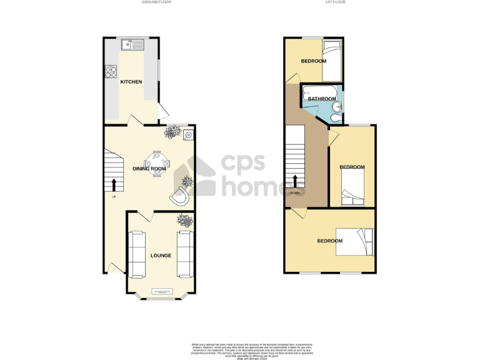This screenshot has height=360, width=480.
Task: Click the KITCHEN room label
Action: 131,82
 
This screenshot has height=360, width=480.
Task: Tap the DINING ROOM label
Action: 149,169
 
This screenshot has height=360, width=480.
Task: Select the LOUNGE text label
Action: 161,255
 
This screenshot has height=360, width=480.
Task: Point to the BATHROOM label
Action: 322,99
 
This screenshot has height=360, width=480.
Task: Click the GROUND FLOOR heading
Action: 157,2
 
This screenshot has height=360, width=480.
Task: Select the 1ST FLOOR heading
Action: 335,2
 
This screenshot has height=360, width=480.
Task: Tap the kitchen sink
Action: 133,44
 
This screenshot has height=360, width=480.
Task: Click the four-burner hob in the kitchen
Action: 111,71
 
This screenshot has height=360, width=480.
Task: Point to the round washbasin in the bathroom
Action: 337,106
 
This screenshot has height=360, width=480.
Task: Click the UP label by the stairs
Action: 114,197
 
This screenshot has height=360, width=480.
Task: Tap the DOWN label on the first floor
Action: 295,192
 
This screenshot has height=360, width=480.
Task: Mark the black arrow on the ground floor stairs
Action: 114,185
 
